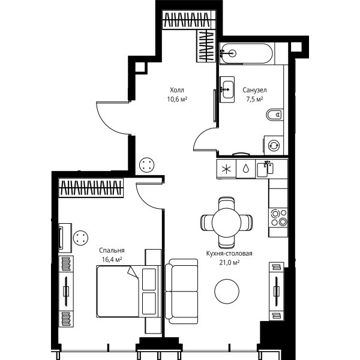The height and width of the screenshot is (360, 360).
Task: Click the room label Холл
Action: pyautogui.click(x=177, y=90)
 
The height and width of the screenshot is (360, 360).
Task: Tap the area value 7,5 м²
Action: pyautogui.click(x=254, y=100)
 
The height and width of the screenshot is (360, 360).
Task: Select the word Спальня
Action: pyautogui.click(x=112, y=250)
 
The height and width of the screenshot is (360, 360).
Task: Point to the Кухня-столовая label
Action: pyautogui.click(x=229, y=253)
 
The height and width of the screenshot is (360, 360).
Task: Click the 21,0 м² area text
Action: pyautogui.click(x=229, y=262)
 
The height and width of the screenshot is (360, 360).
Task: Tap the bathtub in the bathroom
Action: pyautogui.click(x=247, y=53)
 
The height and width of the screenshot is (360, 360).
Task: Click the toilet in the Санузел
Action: pyautogui.click(x=275, y=115)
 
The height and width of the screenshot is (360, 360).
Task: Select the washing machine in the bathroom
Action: pyautogui.click(x=274, y=145)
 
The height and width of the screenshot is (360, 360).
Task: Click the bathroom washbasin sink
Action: pyautogui.click(x=227, y=89)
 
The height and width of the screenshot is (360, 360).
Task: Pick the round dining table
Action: pyautogui.click(x=226, y=222)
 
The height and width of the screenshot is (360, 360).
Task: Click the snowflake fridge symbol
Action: pyautogui.click(x=226, y=169)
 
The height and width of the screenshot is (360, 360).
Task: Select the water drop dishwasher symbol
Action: pyautogui.click(x=246, y=169)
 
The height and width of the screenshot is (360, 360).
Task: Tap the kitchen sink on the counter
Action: pyautogui.click(x=265, y=169)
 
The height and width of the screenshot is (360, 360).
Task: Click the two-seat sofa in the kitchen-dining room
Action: pyautogui.click(x=181, y=292)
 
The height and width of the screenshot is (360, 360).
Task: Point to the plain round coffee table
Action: pyautogui.click(x=227, y=291)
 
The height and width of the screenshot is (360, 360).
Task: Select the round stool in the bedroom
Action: pyautogui.click(x=81, y=238)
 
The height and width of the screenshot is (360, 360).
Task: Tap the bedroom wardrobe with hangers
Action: pyautogui.click(x=91, y=188)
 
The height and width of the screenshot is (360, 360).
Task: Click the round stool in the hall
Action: pyautogui.click(x=147, y=164)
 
